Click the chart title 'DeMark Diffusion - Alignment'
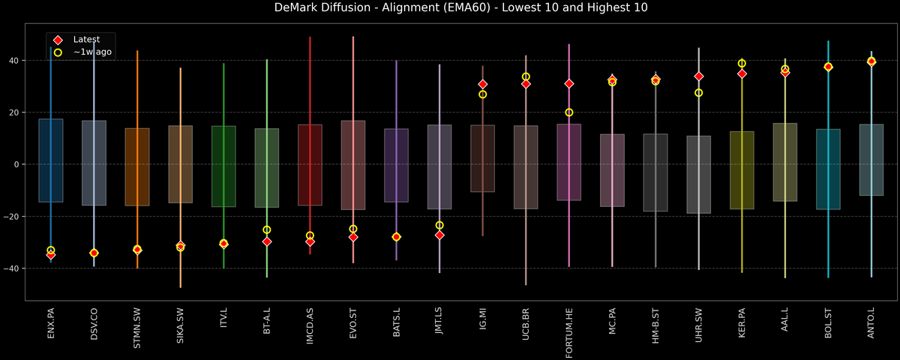[450, 8]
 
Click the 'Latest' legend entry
[85, 39]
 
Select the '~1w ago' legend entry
[88, 52]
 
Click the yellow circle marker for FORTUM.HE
[569, 112]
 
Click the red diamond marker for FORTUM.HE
[569, 84]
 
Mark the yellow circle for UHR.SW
[699, 93]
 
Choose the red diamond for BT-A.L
[267, 241]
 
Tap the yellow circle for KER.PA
[742, 64]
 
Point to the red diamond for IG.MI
[483, 85]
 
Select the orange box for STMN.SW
[137, 166]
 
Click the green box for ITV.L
[223, 166]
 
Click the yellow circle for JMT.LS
[439, 225]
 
